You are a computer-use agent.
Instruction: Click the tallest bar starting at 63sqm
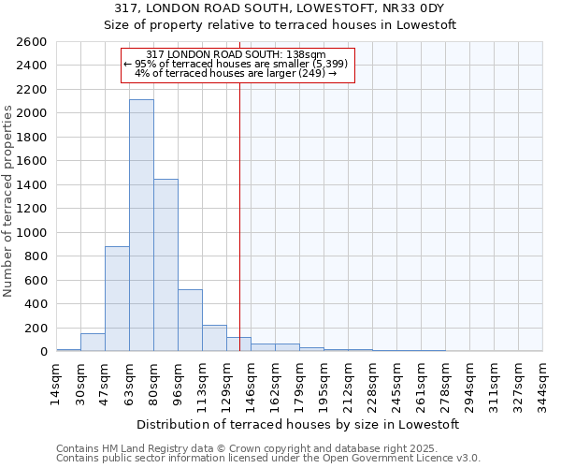pyautogui.click(x=141, y=225)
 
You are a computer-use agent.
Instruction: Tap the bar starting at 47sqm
pyautogui.click(x=117, y=299)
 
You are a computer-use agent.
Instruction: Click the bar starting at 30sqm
pyautogui.click(x=93, y=343)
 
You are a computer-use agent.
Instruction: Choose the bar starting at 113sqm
pyautogui.click(x=214, y=338)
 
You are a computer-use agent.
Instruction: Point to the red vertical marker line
pyautogui.click(x=239, y=206)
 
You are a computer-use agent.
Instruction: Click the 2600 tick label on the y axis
pyautogui.click(x=32, y=42)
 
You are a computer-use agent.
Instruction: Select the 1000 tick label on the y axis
pyautogui.click(x=32, y=232)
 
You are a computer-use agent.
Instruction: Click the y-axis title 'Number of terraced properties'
pyautogui.click(x=9, y=200)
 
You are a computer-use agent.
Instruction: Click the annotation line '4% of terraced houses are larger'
pyautogui.click(x=236, y=72)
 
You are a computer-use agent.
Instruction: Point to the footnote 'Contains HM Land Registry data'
pyautogui.click(x=268, y=448)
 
